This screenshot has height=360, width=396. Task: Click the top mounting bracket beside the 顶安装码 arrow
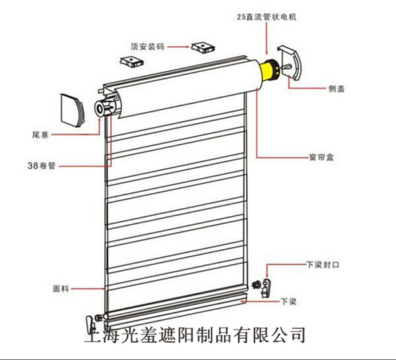click(x=201, y=47)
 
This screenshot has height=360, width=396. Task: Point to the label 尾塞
click(x=38, y=133)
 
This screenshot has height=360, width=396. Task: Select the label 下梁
click(x=288, y=301)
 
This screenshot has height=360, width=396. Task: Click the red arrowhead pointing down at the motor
click(x=267, y=52)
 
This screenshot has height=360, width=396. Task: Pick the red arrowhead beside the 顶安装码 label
click(x=187, y=47)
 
